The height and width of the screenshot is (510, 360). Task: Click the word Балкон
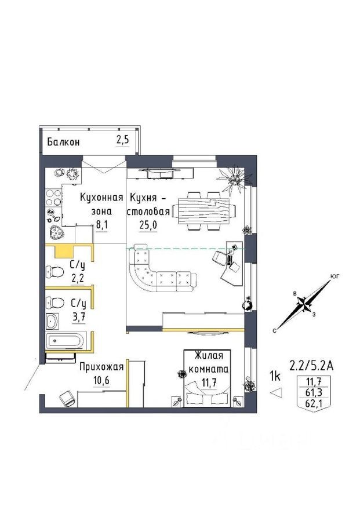click(x=64, y=142)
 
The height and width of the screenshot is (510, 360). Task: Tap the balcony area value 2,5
click(x=122, y=141)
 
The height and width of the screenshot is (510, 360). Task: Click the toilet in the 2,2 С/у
click(x=54, y=271)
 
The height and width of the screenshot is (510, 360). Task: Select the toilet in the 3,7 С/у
click(x=54, y=302)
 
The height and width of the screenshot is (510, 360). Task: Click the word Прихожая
click(x=101, y=367)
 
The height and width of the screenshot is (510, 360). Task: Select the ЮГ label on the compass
click(x=334, y=277)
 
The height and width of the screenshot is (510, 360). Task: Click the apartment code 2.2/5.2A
click(x=312, y=366)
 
